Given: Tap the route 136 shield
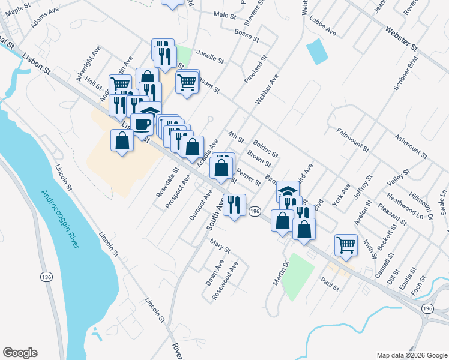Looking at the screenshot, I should pos(46,277).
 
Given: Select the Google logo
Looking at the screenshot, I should pos(20,353).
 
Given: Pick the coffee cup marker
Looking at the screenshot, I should pos(142,124).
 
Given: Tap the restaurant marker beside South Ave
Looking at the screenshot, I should pos(234,205).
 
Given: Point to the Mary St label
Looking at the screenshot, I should pos(220,244).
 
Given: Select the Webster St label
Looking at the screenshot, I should pos(401,37).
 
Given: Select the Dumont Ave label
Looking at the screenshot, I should pos(201,205).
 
